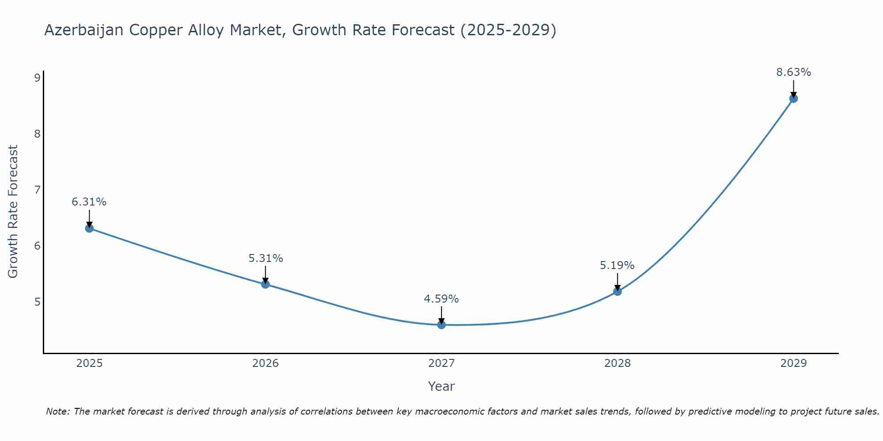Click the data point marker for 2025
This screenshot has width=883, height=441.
tap(89, 228)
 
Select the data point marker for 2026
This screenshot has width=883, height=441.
tap(265, 284)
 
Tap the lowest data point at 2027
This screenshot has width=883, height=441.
tap(441, 325)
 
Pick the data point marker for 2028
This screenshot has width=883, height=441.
tap(617, 291)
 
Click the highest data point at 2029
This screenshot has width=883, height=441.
tap(793, 98)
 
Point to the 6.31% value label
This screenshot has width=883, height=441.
tap(89, 202)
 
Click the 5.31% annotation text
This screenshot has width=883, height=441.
tap(265, 258)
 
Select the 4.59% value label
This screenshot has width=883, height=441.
tap(441, 299)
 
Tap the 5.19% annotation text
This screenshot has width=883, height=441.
tap(617, 265)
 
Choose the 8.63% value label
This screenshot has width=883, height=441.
tap(793, 72)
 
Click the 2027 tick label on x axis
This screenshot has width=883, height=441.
tap(441, 363)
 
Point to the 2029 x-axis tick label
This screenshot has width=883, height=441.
tap(793, 363)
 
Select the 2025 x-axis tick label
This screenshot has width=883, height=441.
tap(89, 363)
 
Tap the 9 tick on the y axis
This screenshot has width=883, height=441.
tap(37, 78)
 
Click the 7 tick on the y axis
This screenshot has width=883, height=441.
tap(37, 190)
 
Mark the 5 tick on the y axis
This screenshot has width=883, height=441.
tap(37, 302)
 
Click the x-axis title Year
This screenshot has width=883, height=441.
tap(441, 386)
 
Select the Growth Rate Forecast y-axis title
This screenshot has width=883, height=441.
tap(13, 212)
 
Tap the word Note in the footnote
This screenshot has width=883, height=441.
tap(57, 411)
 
